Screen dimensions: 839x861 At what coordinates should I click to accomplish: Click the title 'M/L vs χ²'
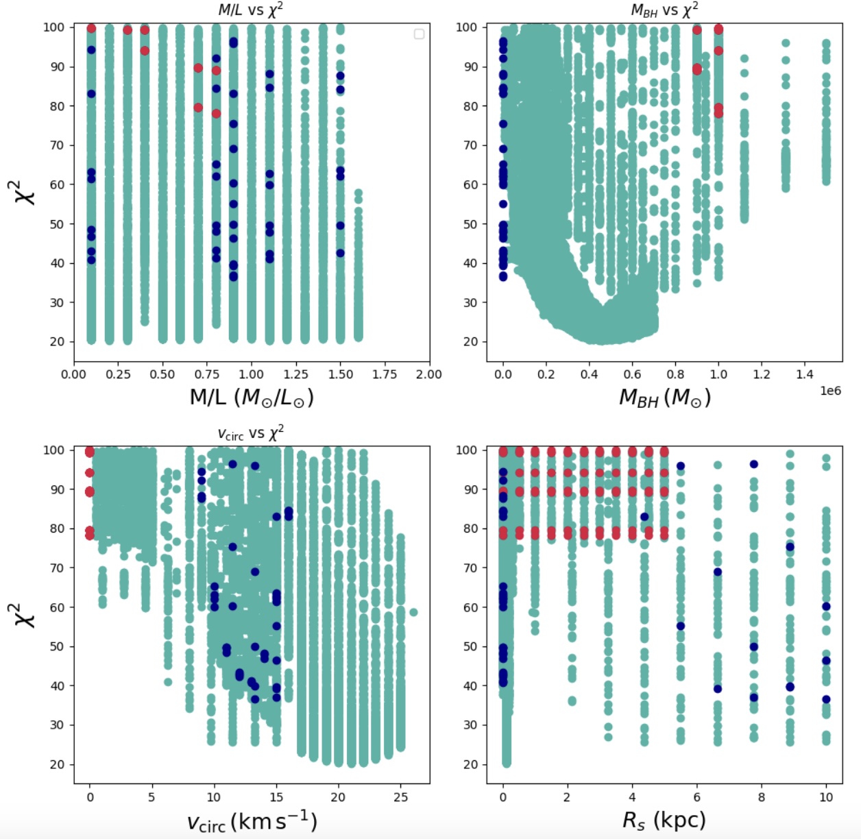click(250, 10)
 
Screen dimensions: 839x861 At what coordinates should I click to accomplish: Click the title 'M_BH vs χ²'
click(664, 10)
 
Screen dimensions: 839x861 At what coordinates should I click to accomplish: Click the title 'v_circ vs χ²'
click(250, 433)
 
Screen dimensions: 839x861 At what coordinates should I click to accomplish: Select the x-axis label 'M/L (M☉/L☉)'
click(252, 398)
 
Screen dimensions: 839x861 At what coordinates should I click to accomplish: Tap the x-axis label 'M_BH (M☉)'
click(664, 398)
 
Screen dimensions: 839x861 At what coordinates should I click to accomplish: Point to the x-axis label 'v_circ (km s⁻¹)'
click(252, 821)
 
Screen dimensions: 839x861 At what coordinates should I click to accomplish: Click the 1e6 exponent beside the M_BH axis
click(830, 391)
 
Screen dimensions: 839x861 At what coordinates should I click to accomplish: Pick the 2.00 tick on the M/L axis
click(428, 374)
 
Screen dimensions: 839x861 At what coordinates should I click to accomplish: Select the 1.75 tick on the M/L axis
click(385, 374)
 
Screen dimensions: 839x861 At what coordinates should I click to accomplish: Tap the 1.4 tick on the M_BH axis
click(805, 374)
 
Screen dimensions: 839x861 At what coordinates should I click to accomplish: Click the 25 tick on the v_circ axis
click(400, 797)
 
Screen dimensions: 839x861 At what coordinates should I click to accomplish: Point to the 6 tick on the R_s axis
click(696, 797)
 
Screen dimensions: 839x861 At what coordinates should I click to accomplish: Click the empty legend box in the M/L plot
click(419, 34)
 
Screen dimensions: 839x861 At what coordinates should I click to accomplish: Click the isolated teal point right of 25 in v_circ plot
click(413, 612)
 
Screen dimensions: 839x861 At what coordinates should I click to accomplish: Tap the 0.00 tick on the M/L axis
click(73, 374)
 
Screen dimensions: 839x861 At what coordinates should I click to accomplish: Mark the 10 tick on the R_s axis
click(826, 797)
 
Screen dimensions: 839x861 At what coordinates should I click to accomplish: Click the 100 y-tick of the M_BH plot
click(466, 27)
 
